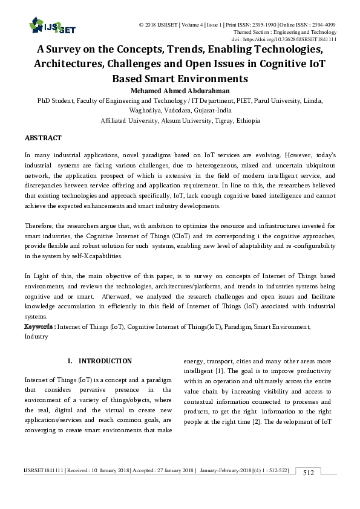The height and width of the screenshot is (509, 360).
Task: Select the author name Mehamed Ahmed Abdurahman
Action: point(180,89)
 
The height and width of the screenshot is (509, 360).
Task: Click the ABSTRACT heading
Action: point(43,138)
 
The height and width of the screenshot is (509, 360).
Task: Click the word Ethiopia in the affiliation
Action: point(244,120)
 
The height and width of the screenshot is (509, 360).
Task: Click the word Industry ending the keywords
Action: point(36,336)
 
